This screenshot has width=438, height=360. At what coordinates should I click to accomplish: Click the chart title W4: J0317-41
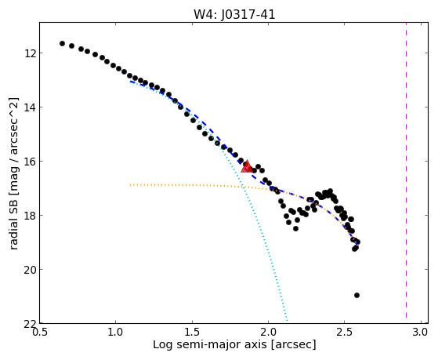(234, 14)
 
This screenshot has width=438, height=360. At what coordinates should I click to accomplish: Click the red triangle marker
(247, 167)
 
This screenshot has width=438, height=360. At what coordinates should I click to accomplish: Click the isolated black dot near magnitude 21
(357, 295)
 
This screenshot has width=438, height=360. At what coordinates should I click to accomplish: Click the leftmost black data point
(62, 43)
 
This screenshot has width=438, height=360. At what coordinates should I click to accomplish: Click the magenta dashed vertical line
(406, 170)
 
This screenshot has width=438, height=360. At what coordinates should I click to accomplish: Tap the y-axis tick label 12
(30, 53)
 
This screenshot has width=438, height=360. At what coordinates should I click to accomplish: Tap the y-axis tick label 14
(30, 107)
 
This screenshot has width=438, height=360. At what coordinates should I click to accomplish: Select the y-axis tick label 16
(30, 162)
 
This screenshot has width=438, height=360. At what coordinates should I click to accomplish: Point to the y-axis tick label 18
(30, 216)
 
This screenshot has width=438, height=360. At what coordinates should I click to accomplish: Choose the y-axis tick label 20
(30, 270)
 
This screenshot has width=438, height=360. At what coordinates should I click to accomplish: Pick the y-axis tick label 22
(30, 324)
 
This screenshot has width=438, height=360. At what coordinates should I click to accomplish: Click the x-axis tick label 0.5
(40, 333)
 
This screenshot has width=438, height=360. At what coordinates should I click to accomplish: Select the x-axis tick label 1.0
(116, 333)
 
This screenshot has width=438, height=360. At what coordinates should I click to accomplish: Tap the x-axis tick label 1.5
(192, 333)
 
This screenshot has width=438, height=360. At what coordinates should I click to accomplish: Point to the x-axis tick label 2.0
(269, 333)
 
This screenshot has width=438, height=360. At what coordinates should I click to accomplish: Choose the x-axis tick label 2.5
(345, 333)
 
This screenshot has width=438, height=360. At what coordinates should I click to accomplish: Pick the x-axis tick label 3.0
(421, 333)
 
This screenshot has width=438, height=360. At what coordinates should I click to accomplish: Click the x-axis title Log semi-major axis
(209, 345)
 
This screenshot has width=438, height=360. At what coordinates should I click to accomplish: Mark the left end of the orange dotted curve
(130, 184)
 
